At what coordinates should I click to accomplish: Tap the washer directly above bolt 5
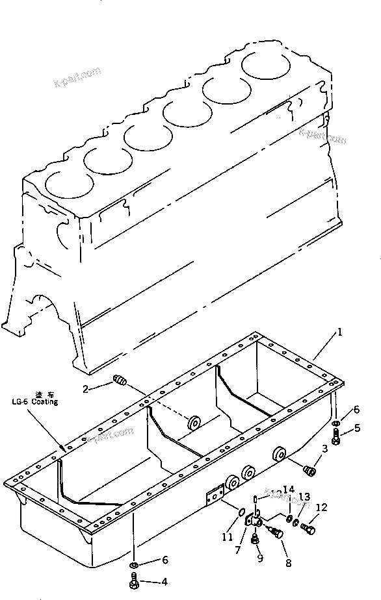click(335, 425)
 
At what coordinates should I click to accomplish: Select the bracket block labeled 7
click(252, 521)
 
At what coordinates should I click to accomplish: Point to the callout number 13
click(304, 499)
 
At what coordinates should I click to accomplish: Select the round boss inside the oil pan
click(192, 423)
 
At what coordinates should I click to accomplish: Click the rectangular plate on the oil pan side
click(211, 497)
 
